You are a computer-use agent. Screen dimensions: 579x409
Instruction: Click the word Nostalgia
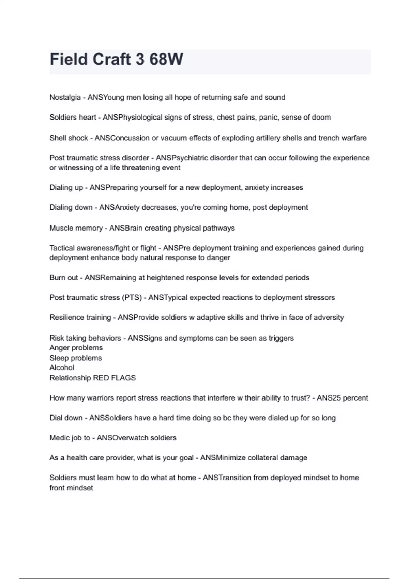point(65,97)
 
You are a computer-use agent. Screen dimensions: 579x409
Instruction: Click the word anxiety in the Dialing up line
point(257,188)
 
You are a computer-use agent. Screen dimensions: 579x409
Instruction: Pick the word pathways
point(219,228)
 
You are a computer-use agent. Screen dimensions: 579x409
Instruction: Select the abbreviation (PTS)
point(132,298)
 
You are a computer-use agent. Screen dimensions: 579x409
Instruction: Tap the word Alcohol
point(62,368)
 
